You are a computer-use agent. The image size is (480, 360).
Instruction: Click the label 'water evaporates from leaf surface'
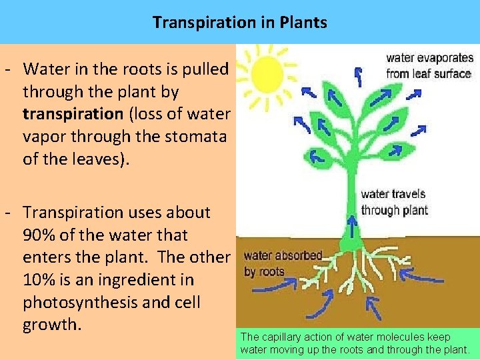pos(429,66)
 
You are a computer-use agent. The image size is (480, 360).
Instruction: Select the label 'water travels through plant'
pos(393,202)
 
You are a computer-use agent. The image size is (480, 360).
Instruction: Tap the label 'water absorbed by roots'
pos(282,263)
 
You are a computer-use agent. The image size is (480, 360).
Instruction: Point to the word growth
pos(51,326)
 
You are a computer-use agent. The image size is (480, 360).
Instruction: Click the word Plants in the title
pos(303,23)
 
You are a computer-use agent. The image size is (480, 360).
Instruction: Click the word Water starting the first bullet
pos(43,69)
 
